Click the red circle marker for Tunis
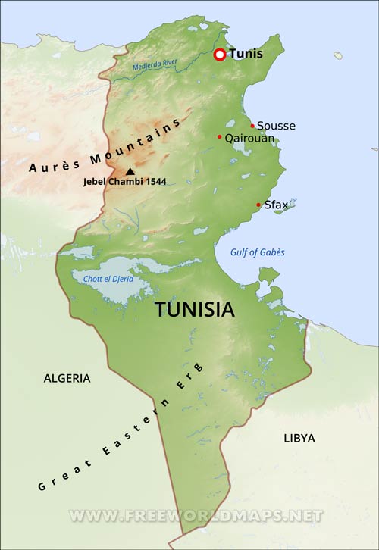220,55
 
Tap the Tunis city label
246,55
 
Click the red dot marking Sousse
252,126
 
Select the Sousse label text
276,126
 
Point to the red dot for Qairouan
220,137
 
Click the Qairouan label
249,138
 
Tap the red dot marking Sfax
258,205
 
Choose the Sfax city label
276,205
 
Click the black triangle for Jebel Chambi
130,172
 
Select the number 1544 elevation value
154,182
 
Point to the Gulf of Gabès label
258,252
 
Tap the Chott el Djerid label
108,279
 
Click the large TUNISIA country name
195,309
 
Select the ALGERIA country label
67,377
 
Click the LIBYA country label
299,438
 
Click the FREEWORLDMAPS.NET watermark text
196,515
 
